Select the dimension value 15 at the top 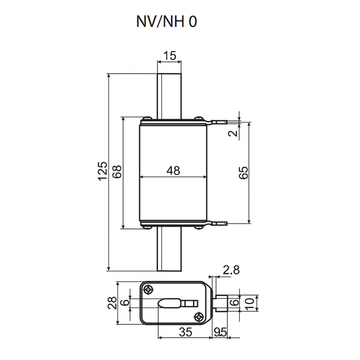point(169,56)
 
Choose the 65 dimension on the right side point(243,173)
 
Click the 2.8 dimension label point(231,270)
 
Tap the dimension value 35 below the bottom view point(185,333)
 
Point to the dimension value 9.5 point(220,333)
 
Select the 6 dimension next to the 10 point(234,302)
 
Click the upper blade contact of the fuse point(169,94)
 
